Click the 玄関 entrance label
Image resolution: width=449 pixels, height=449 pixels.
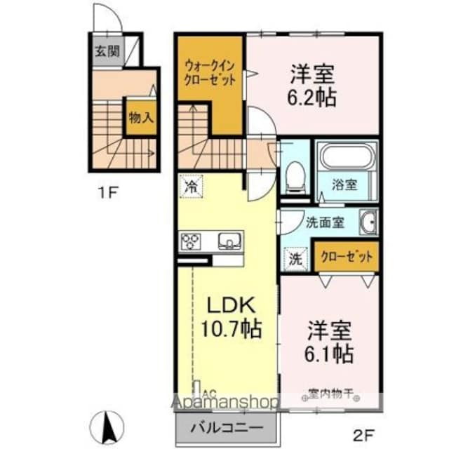coord(107,51)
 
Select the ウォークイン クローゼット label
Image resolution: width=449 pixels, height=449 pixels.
coord(209,72)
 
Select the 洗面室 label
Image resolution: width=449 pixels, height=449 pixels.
coord(324,222)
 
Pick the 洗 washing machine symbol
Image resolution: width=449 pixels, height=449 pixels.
coord(295,257)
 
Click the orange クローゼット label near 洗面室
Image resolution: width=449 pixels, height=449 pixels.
coord(347,257)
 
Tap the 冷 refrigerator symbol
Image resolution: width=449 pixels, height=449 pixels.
coord(191,186)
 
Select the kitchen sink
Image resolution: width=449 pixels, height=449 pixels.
coord(229,243)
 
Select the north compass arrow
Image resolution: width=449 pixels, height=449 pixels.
coord(109,422)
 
